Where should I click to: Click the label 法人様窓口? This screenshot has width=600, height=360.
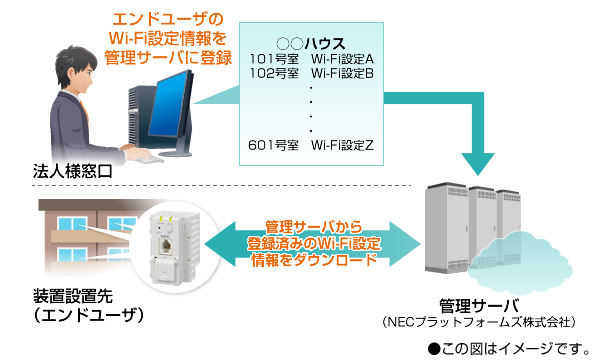click(x=71, y=173)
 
